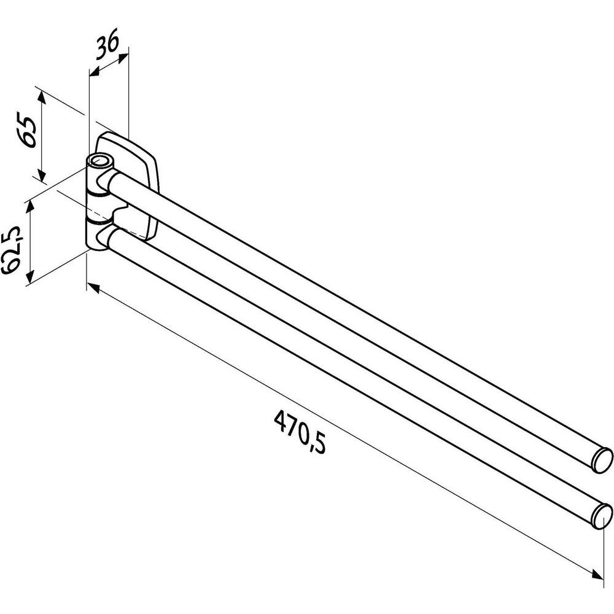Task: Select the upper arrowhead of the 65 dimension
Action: pos(41,94)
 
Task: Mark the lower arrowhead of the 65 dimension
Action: pos(41,178)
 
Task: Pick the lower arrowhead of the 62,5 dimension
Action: pos(28,280)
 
